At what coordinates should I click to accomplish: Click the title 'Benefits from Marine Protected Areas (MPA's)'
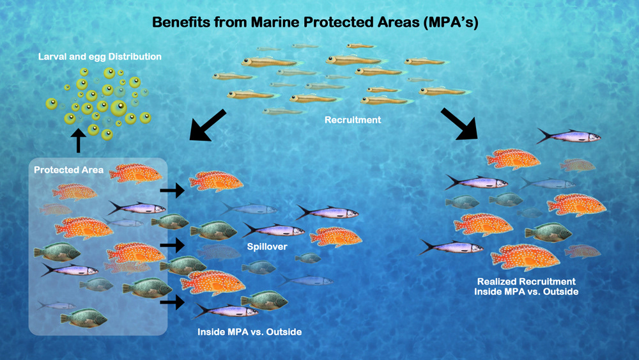point(315,22)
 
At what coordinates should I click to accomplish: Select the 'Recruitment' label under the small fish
point(353,120)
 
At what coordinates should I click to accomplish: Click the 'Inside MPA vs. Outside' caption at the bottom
point(249,332)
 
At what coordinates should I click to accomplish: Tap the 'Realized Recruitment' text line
point(526,281)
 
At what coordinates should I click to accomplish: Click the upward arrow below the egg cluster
point(79,140)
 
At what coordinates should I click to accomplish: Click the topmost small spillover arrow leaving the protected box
point(171,190)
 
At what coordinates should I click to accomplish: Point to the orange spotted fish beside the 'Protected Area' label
point(135,173)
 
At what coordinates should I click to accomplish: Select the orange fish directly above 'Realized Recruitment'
point(525,257)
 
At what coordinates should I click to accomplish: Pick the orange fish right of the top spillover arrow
point(216,181)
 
